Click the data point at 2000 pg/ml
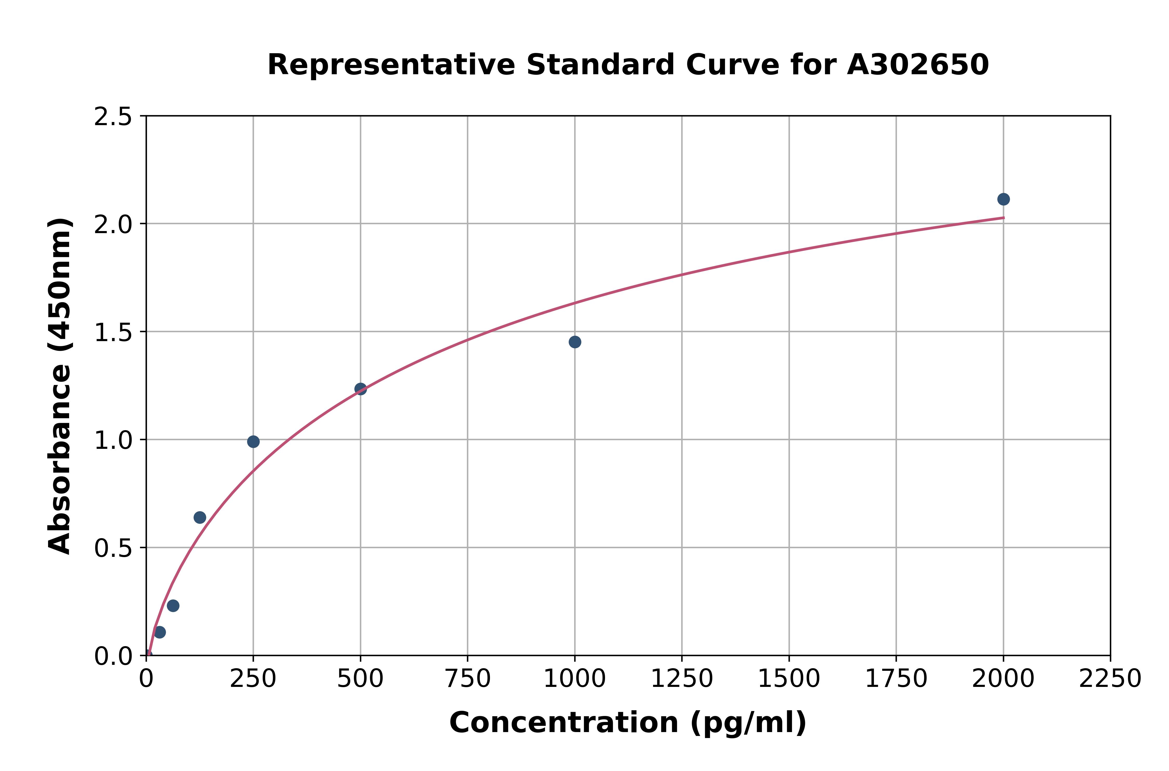pos(1003,199)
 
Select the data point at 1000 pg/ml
pos(575,342)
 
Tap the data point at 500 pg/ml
pos(361,389)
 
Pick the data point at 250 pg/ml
pos(253,442)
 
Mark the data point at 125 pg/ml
pos(200,517)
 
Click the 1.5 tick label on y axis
pos(113,332)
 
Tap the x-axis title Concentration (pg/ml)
pos(628,723)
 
